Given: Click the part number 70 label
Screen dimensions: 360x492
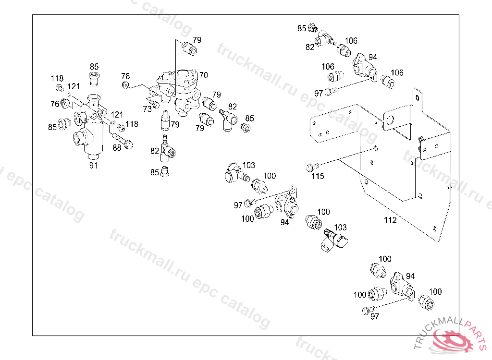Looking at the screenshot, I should [204, 75].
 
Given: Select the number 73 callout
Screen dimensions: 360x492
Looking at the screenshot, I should [148, 109].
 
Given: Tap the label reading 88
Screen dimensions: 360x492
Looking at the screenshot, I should [117, 148].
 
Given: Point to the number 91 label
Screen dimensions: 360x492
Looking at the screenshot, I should [93, 166].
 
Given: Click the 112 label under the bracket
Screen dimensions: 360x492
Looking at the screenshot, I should [390, 220].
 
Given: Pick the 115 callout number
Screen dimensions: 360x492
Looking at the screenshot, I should [318, 176].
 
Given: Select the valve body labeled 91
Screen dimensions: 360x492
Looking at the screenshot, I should [91, 130].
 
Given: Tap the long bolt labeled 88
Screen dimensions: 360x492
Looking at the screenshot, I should [122, 141].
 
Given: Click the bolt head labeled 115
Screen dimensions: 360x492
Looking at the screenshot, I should [310, 168].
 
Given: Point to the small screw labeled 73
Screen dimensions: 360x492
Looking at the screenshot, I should [154, 103].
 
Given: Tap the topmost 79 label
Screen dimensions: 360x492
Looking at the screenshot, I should [197, 40].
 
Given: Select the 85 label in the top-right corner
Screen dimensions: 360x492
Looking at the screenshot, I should [302, 28].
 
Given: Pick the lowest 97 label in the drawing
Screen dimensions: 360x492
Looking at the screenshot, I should [375, 316].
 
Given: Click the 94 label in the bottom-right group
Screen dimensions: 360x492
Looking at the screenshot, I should [410, 276].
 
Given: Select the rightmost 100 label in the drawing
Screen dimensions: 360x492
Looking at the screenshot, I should [435, 292].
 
